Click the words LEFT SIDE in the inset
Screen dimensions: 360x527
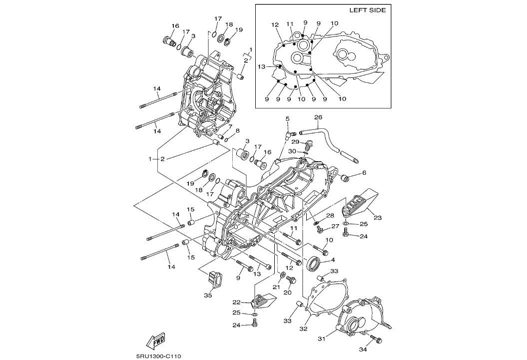coord(367,10)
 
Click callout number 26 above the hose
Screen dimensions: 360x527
coord(318,118)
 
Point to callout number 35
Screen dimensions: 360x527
coord(208,295)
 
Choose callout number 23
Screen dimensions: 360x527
coord(377,217)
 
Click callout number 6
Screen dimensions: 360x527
coord(364,173)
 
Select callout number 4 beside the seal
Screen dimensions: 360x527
coord(333,260)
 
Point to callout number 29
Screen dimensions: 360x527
coord(295,142)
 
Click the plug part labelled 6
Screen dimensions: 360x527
coord(344,177)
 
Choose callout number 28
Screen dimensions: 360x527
coord(329,215)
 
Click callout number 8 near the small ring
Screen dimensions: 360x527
coord(237,131)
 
